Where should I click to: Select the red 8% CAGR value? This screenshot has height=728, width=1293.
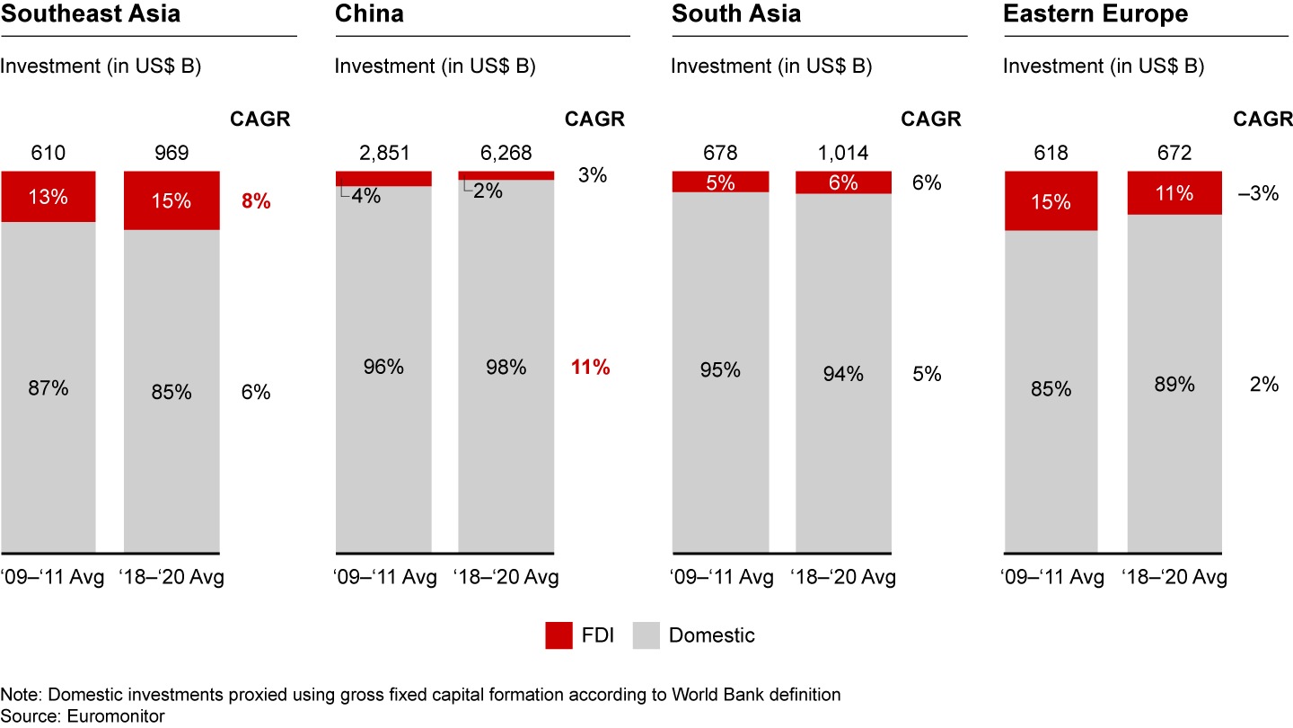coord(256,201)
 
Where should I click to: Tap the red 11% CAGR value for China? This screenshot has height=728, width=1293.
coord(590,367)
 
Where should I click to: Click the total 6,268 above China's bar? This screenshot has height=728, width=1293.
coord(506,153)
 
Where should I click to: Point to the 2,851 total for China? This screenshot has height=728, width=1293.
coord(383,153)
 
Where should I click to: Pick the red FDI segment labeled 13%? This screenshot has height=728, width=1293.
coord(48,197)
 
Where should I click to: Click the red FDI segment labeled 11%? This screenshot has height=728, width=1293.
coord(1174,193)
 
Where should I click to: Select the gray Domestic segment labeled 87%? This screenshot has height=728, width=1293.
coord(48,388)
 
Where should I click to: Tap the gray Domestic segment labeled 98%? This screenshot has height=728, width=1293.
coord(506,367)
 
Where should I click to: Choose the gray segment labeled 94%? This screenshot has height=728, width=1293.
coord(843,374)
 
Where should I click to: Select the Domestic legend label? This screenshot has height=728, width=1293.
coord(712,636)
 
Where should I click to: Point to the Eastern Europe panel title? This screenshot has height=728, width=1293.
coord(1095,14)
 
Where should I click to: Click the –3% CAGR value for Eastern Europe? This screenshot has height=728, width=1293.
coord(1256,193)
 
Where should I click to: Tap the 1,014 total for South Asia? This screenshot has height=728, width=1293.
coord(843,153)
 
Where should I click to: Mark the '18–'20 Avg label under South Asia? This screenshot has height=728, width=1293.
coord(843,577)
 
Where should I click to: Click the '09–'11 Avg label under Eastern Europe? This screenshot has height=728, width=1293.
coord(1051,577)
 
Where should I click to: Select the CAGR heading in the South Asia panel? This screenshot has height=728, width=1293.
coord(930,120)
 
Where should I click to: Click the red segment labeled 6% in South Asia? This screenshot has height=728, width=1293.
coord(843,182)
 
